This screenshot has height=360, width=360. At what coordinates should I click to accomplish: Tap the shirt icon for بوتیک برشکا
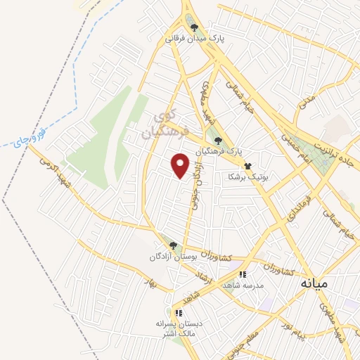pyautogui.click(x=247, y=167)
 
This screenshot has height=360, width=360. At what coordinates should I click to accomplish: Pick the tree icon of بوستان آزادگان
pyautogui.click(x=173, y=245)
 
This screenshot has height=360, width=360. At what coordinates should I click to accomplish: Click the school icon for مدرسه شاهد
pyautogui.click(x=242, y=274)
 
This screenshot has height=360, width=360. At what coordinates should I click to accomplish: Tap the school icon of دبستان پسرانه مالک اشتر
pyautogui.click(x=179, y=312)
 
